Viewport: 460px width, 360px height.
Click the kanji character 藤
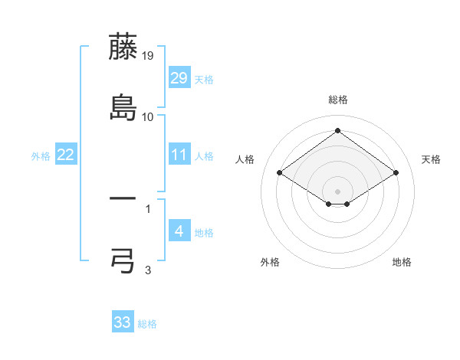pos(123,48)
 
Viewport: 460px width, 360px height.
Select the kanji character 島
pos(123,108)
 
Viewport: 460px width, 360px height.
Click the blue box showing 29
pos(179,78)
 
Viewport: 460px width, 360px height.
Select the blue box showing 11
pos(179,155)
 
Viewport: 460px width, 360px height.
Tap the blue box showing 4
pos(179,231)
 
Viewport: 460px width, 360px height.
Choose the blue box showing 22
pos(66,155)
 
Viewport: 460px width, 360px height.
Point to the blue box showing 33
pos(123,322)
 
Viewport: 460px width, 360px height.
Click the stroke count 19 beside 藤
pos(149,56)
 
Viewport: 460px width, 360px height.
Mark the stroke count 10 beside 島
pos(148,116)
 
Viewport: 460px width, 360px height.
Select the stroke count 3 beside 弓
pos(148,270)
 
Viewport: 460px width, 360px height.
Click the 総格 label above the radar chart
pos(338,100)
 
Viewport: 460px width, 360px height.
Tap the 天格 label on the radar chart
pos(431,159)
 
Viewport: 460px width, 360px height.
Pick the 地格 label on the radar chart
pos(402,262)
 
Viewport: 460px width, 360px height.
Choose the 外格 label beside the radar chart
pos(270,262)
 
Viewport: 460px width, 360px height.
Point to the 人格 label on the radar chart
pos(245,159)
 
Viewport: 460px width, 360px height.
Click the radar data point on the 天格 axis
pos(396,173)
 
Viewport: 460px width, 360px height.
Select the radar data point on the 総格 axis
pos(338,130)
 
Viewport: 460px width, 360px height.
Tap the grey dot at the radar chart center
pos(338,191)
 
